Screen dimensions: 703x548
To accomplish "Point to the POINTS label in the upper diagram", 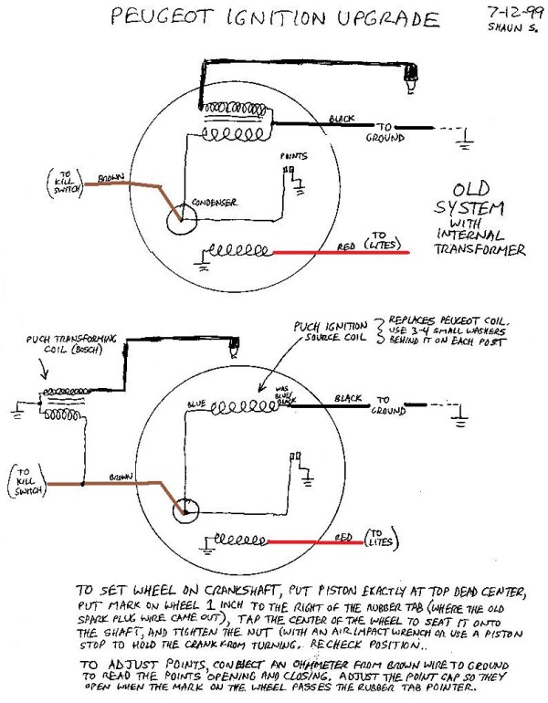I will pos(293,157).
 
